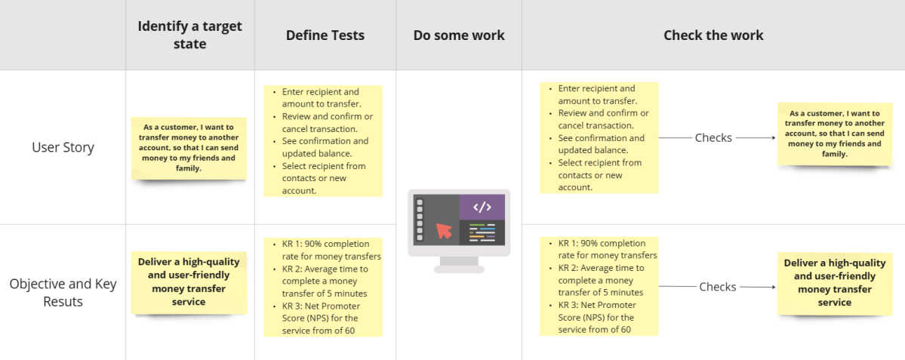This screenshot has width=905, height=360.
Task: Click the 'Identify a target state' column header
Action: [x=189, y=35]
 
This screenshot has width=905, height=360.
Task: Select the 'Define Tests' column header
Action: [x=325, y=35]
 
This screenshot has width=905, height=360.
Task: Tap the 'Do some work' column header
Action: [x=459, y=35]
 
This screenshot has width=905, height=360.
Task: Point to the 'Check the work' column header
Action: [x=713, y=35]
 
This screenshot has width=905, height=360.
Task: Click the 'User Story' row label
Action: [x=63, y=147]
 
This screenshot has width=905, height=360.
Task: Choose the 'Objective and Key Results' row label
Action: [x=63, y=293]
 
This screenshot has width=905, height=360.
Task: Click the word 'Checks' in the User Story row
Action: [x=713, y=138]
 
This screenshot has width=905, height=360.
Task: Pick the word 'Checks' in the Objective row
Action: [x=717, y=287]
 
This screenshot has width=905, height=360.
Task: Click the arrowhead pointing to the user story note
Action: [x=772, y=138]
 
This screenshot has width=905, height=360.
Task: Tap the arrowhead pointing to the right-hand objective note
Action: [x=772, y=287]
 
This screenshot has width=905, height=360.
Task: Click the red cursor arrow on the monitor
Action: [x=445, y=229]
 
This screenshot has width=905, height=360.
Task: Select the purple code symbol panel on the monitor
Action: [x=482, y=207]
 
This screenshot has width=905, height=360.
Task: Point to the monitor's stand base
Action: [x=459, y=269]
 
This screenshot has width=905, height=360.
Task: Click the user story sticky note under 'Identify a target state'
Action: [x=189, y=148]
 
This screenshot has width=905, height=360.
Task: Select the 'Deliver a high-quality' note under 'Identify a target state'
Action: [x=189, y=282]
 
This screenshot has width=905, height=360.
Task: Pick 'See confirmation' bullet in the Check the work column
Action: [x=601, y=138]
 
